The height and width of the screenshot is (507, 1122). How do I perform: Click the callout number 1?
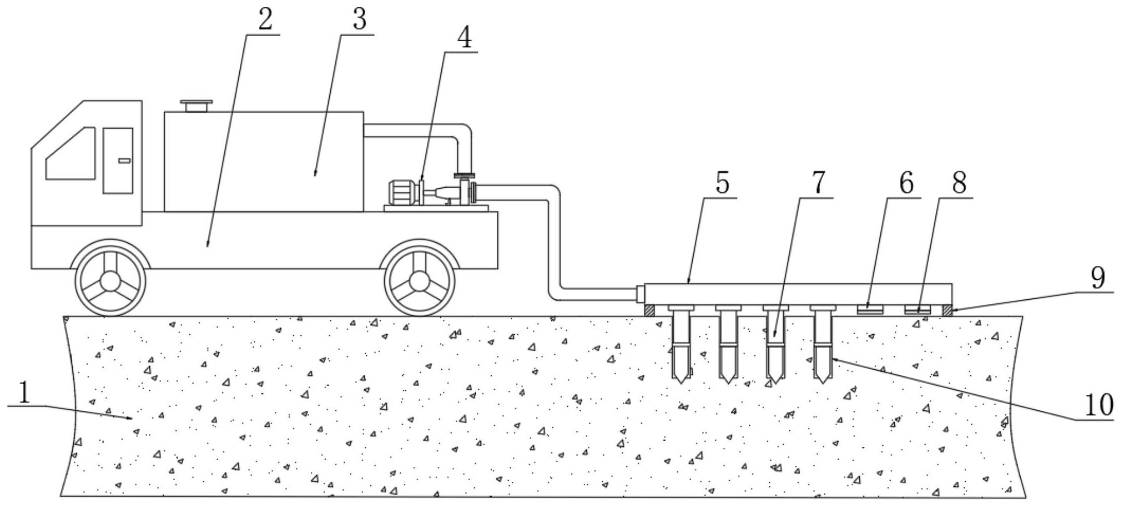[x=23, y=394]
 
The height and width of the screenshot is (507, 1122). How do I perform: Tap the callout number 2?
[x=265, y=19]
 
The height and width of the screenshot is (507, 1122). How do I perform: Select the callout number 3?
[x=359, y=19]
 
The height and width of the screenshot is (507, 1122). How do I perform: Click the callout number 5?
[x=722, y=183]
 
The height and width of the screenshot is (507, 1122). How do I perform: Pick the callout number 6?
[x=906, y=183]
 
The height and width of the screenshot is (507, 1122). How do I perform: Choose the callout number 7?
[x=818, y=183]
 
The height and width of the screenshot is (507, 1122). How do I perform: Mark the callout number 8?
[x=959, y=183]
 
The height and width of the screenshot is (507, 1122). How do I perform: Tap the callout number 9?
[x=1097, y=279]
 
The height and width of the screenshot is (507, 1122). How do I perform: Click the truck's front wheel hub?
[x=110, y=280]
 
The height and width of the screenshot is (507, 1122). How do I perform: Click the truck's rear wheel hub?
[x=419, y=280]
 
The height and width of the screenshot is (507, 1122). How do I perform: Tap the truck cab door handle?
[x=124, y=161]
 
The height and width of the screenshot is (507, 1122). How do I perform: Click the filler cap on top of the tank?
[x=196, y=105]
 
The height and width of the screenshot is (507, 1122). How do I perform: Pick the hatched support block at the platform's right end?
[x=947, y=310]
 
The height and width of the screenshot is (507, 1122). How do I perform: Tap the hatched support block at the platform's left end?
[x=650, y=310]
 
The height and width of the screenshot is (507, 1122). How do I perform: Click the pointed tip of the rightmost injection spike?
[x=823, y=380]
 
